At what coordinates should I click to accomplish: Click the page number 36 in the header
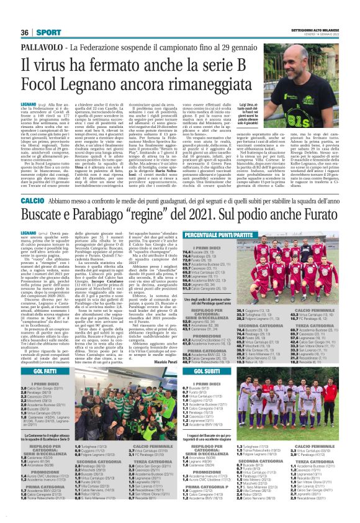pyautogui.click(x=25, y=14)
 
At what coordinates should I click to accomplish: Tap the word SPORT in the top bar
pyautogui.click(x=43, y=14)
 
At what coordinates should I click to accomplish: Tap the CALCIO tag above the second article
pyautogui.click(x=32, y=184)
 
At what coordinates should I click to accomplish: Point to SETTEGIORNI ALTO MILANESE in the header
pyautogui.click(x=314, y=11)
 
